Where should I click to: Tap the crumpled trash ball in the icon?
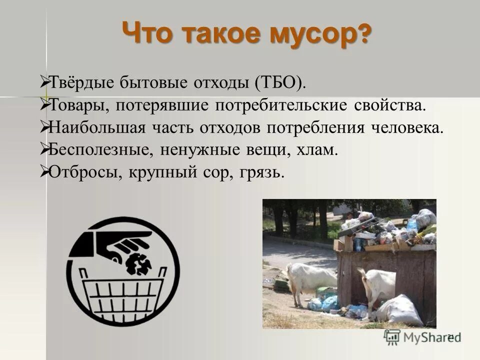(x=140, y=263)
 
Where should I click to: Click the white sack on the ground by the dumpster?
(x=400, y=310)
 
